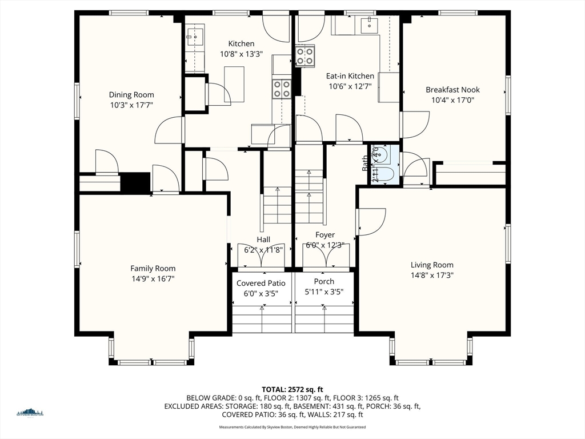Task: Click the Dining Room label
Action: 131,95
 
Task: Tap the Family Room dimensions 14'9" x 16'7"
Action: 153,278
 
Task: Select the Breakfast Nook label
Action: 452,90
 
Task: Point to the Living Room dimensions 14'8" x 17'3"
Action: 432,275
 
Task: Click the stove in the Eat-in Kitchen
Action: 305,56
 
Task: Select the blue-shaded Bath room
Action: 384,164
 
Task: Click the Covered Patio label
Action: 261,283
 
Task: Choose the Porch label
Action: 324,282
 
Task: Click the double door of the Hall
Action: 261,256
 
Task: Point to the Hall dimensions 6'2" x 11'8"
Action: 263,250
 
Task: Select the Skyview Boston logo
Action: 30,413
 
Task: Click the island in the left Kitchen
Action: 234,84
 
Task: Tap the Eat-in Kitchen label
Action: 350,76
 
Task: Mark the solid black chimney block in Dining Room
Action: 135,182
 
